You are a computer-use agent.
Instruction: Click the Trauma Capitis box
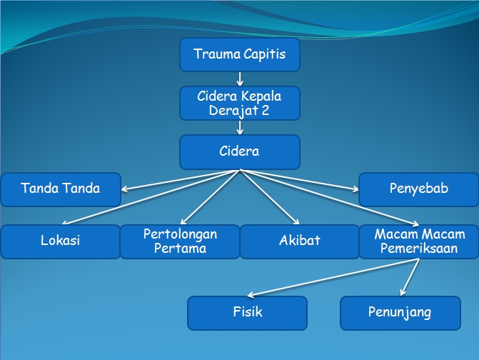pos(239,54)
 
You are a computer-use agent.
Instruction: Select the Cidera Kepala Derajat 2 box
pos(239,103)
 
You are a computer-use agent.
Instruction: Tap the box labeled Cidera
pos(239,151)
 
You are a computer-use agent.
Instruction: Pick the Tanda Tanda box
pos(60,189)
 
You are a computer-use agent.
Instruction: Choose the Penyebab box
pos(418,189)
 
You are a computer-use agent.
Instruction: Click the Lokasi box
pos(60,241)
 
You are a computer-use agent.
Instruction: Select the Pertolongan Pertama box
pos(180,241)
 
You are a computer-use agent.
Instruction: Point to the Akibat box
pos(299,241)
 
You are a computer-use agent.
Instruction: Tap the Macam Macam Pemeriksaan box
pos(419,241)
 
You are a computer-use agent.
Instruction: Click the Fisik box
pos(247,313)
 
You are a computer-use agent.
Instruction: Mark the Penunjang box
pos(400,313)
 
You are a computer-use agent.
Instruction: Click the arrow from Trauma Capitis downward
pos(240,79)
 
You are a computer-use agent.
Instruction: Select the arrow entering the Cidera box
pos(240,127)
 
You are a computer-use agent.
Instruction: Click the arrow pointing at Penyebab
pos(300,180)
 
